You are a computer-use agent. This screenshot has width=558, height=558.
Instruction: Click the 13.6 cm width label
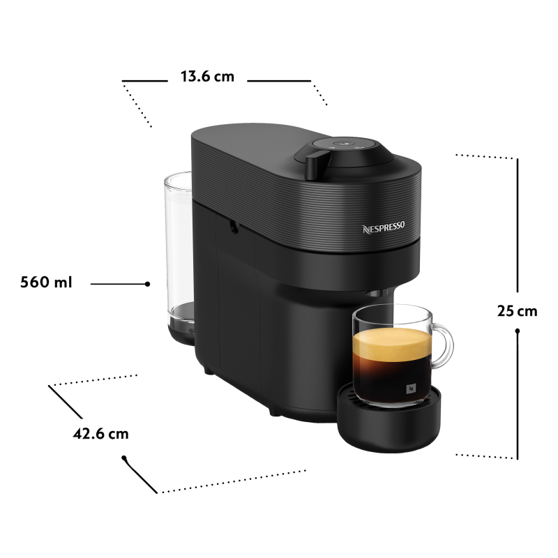point(207,77)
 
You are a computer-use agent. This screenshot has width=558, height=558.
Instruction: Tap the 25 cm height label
point(517,311)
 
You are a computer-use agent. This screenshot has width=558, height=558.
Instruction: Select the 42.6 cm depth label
point(100,434)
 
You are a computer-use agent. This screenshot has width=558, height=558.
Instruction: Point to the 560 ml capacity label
point(46,282)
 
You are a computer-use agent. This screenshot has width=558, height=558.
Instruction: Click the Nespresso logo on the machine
point(384,227)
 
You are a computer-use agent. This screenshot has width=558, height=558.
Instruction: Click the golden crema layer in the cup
point(391,344)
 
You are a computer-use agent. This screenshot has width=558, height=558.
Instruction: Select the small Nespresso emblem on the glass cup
point(411,389)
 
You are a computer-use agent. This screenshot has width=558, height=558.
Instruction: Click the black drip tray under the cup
point(389,420)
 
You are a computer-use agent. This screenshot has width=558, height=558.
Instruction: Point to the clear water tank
point(179,246)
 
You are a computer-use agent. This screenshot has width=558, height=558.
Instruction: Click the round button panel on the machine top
point(343,144)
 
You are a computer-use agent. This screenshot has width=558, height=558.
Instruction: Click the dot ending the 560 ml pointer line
point(147,284)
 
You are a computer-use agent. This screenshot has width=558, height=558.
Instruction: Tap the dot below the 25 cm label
point(518,331)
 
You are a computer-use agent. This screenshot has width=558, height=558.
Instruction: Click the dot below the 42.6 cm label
point(124,458)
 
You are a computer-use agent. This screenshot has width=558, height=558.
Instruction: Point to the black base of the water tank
point(181,331)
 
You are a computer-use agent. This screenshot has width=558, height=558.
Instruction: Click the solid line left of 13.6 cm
point(145,81)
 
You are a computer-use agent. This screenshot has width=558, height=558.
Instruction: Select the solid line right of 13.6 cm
point(279,81)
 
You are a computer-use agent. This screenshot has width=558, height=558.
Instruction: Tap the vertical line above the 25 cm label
point(518,225)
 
